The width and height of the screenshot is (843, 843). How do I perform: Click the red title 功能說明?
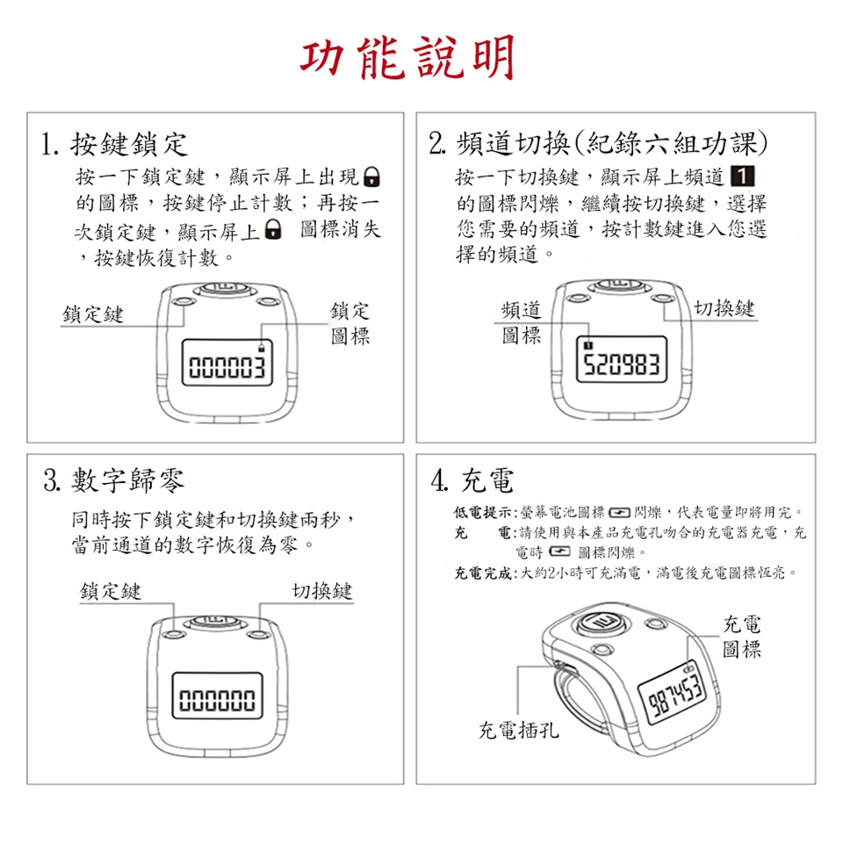pyautogui.click(x=407, y=58)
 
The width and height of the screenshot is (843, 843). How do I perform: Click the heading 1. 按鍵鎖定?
pyautogui.click(x=114, y=144)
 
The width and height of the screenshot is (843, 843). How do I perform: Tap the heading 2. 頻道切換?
pyautogui.click(x=598, y=143)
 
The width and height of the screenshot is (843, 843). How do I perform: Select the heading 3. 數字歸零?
pyautogui.click(x=114, y=480)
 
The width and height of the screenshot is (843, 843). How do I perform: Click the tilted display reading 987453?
pyautogui.click(x=677, y=697)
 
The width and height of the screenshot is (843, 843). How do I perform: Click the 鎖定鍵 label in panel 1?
pyautogui.click(x=93, y=314)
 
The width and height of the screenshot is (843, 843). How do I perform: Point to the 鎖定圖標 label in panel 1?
pyautogui.click(x=350, y=323)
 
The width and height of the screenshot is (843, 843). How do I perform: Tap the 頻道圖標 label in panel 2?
pyautogui.click(x=521, y=322)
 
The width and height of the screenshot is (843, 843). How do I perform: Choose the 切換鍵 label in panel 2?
pyautogui.click(x=724, y=308)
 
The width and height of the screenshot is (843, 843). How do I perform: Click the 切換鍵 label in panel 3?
pyautogui.click(x=322, y=591)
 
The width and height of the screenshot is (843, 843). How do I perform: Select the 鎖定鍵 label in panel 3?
pyautogui.click(x=111, y=591)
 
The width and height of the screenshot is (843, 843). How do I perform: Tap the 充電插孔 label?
pyautogui.click(x=519, y=730)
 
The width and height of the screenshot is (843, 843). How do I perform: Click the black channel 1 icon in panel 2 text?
pyautogui.click(x=743, y=177)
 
